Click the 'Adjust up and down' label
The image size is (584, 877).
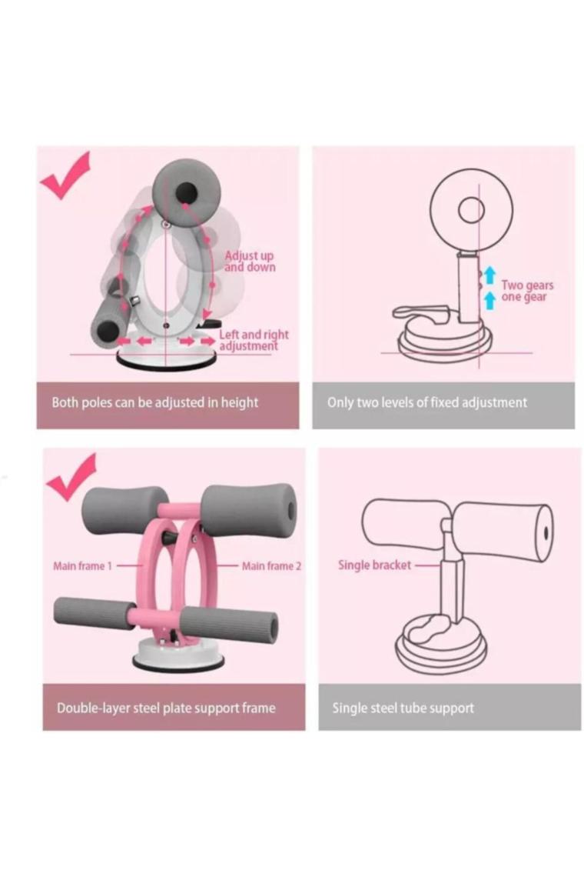(x=250, y=262)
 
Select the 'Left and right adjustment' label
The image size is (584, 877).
(x=254, y=340)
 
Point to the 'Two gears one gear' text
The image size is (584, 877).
(x=527, y=292)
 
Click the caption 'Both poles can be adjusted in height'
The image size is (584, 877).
(x=154, y=402)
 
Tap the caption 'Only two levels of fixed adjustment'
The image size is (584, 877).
(x=427, y=402)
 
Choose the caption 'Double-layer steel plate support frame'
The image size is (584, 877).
(x=166, y=708)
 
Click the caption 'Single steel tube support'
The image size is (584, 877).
(x=403, y=708)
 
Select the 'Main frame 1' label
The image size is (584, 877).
(x=82, y=566)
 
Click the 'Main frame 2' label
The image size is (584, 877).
(x=271, y=566)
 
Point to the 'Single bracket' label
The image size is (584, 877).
(x=374, y=565)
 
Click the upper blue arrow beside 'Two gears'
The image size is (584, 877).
(x=489, y=275)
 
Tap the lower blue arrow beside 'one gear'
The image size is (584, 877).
(x=489, y=299)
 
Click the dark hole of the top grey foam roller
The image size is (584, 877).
(x=186, y=194)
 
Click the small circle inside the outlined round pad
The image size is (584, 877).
(x=471, y=210)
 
